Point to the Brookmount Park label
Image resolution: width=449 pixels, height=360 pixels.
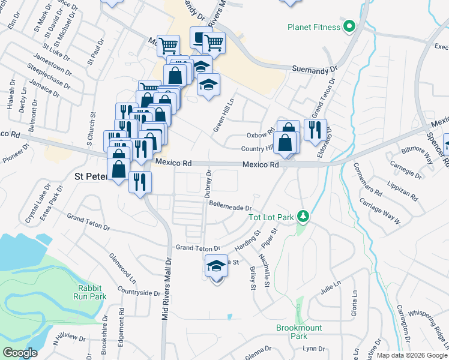299,332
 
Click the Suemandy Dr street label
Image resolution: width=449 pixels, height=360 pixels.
315,70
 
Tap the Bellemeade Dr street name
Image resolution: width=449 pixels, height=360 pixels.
229,204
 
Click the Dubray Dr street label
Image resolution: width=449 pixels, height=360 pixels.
208,184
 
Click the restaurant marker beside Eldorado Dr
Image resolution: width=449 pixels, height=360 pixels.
315,129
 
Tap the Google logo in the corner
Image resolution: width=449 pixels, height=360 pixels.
20,352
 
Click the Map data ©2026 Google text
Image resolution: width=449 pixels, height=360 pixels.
412,355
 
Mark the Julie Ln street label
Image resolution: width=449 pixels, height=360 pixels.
331,287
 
